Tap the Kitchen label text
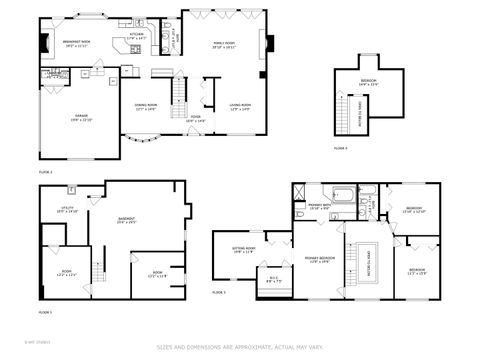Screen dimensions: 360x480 136,35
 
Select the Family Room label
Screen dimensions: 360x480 223,45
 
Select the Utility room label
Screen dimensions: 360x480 67,209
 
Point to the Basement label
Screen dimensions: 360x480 126,220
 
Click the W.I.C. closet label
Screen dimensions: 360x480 273,280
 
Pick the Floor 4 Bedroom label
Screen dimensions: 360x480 369,83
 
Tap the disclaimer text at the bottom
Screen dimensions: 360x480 240,347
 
